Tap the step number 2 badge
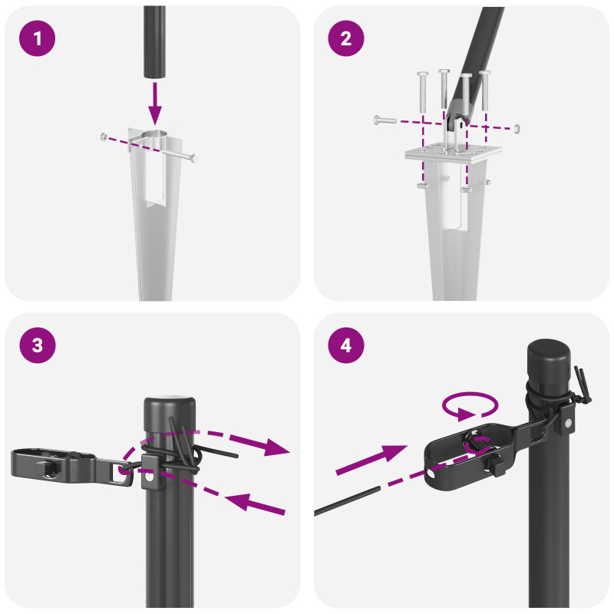coord(346,38)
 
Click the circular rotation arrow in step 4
coord(470,406)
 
